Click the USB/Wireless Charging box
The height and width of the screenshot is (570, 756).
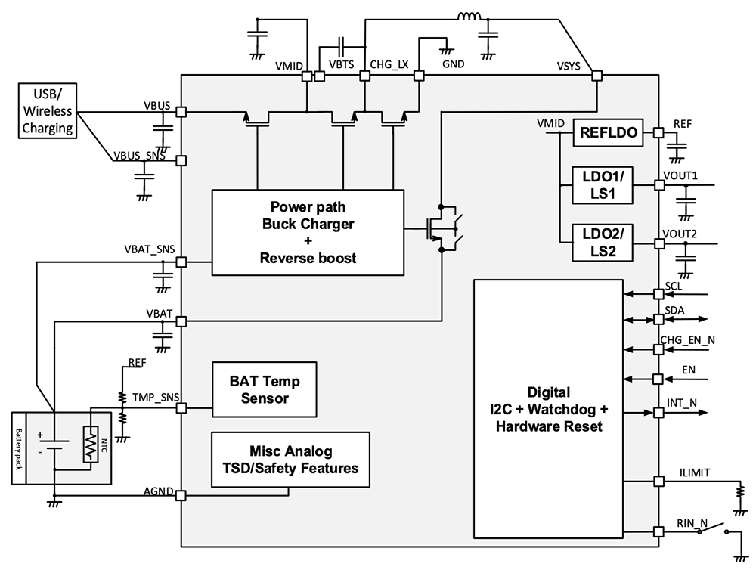click(x=48, y=112)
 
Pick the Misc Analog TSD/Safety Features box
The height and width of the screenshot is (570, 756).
click(x=291, y=460)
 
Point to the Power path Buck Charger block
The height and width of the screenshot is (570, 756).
click(x=308, y=232)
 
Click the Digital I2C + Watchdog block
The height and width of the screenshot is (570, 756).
click(x=548, y=408)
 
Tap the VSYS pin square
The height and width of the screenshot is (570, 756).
click(x=597, y=76)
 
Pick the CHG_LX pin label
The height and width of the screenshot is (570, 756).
click(x=389, y=64)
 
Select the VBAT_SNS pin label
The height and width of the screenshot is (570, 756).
click(x=150, y=249)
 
